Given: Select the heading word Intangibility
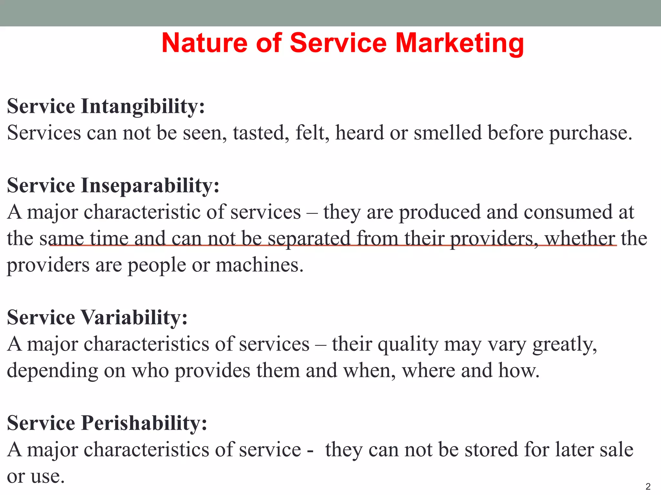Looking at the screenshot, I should (x=143, y=106).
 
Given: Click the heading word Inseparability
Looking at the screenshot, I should (x=150, y=186).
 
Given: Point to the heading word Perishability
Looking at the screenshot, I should (x=144, y=423).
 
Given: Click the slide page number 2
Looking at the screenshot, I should (x=648, y=486).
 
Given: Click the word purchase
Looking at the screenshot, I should (x=590, y=133).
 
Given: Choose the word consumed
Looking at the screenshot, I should (x=568, y=212).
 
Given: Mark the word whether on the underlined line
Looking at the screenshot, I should (x=580, y=238).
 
